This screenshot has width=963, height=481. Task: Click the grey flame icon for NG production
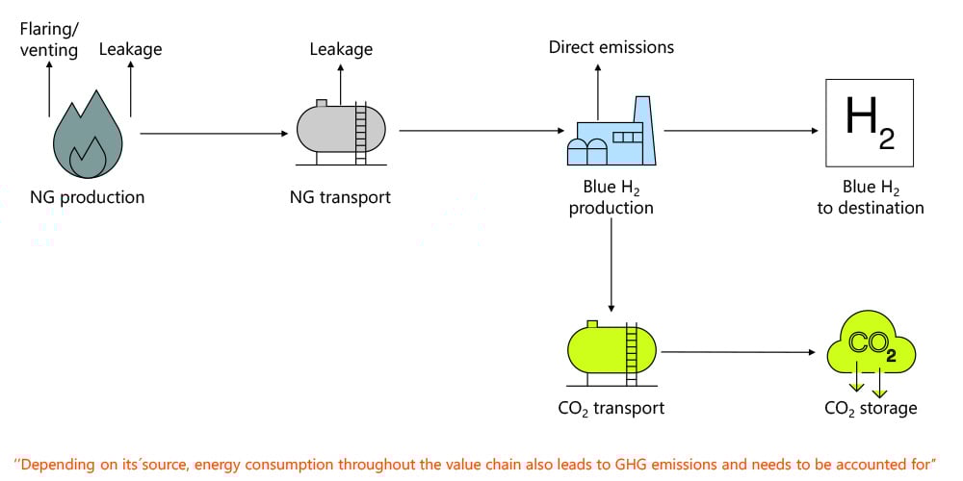(88, 135)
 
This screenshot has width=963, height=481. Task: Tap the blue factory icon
(611, 135)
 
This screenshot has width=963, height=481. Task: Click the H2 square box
(870, 122)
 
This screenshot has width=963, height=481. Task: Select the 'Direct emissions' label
(612, 46)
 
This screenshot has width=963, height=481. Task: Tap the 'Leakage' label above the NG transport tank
(341, 49)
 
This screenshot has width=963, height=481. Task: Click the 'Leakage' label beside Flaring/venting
(131, 49)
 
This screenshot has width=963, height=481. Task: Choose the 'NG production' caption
(88, 198)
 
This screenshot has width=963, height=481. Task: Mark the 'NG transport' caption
(341, 198)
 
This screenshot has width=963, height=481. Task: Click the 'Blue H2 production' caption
(611, 198)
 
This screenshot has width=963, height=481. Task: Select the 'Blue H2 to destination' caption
(870, 198)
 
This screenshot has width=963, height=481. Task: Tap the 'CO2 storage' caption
(871, 409)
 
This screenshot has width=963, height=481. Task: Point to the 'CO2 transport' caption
(611, 409)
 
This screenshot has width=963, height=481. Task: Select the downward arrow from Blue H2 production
(611, 269)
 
